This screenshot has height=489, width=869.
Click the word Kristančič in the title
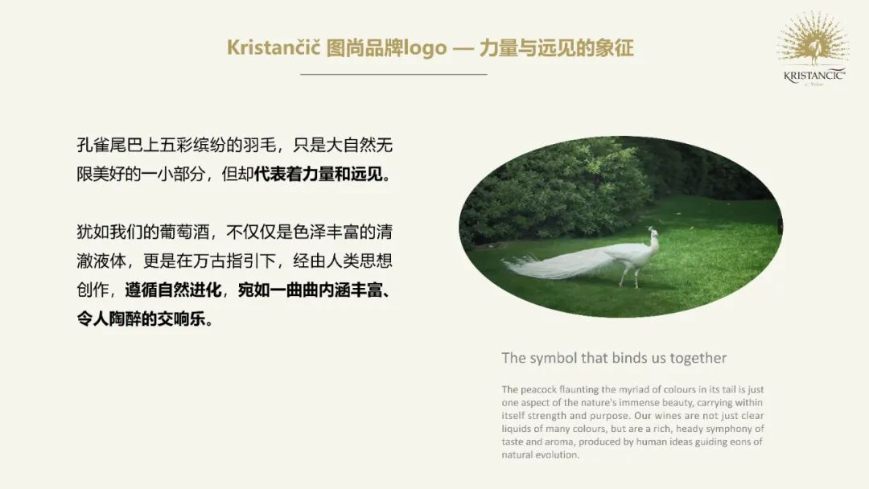click(x=274, y=47)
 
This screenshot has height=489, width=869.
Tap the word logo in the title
click(x=425, y=49)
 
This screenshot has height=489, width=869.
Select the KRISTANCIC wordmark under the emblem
click(x=814, y=76)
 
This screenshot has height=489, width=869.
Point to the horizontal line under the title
click(x=393, y=74)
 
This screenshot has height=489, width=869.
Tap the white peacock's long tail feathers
click(x=560, y=265)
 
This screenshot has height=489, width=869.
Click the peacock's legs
click(x=632, y=277)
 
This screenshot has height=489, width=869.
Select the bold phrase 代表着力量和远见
click(x=318, y=175)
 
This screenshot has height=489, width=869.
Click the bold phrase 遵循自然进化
click(x=174, y=290)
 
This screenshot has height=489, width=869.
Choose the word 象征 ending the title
click(x=614, y=48)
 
